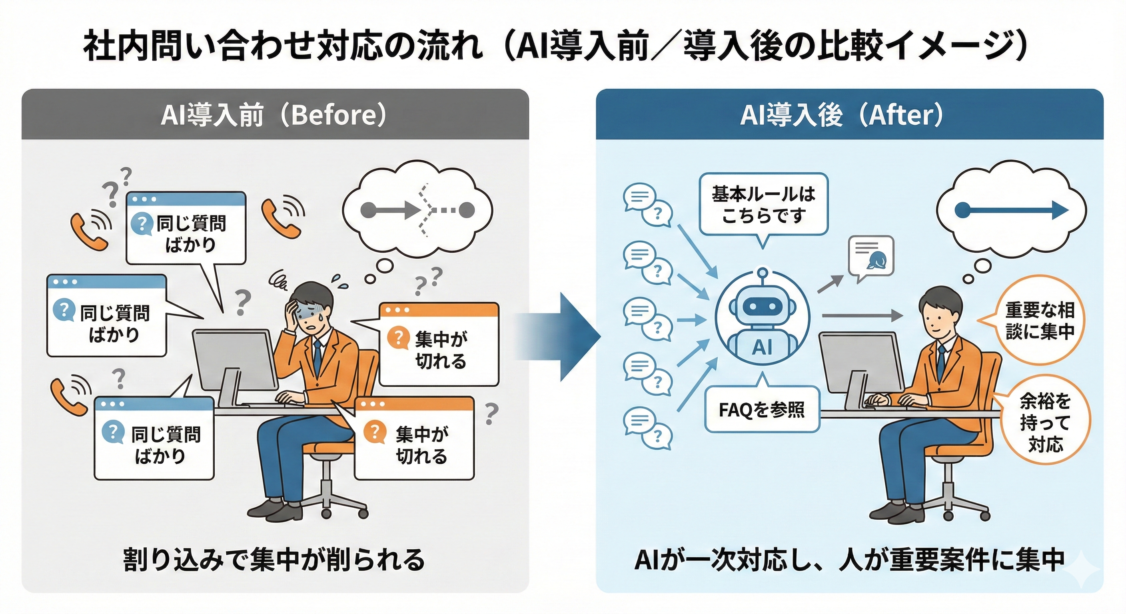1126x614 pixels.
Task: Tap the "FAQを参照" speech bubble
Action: pyautogui.click(x=762, y=409)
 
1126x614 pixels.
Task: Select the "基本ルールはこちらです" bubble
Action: pyautogui.click(x=763, y=205)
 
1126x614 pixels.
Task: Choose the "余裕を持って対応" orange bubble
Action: pyautogui.click(x=1045, y=422)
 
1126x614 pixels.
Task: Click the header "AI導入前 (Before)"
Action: pyautogui.click(x=275, y=115)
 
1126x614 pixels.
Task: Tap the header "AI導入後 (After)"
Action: pyautogui.click(x=841, y=115)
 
